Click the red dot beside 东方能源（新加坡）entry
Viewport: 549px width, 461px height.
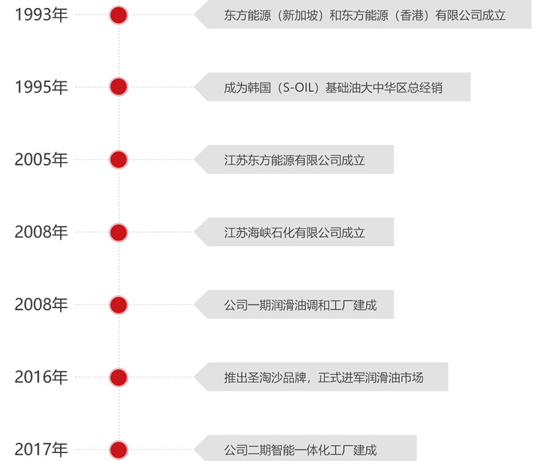(x=118, y=15)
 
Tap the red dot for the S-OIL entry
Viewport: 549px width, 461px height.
(x=118, y=87)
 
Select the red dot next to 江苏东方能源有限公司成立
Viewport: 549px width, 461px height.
(x=118, y=159)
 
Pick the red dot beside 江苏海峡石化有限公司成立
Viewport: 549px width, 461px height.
(x=118, y=232)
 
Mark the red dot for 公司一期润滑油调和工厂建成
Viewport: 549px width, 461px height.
(x=118, y=305)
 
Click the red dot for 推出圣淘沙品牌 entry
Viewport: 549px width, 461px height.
(x=118, y=378)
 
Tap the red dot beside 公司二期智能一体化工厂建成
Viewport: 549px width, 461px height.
(x=118, y=450)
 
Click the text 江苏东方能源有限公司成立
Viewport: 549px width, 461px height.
(x=294, y=160)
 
